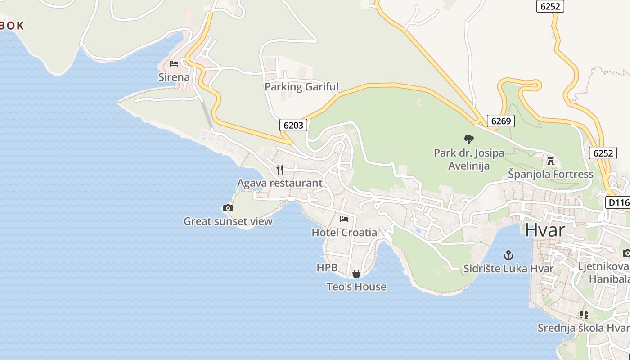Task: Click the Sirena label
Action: (174, 77)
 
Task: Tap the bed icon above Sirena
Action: (174, 64)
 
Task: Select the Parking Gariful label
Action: (301, 87)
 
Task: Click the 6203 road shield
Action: (293, 125)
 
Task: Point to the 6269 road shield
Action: (500, 121)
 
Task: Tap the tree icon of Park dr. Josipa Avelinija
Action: (468, 139)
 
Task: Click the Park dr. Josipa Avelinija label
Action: (468, 159)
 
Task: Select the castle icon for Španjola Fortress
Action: (550, 161)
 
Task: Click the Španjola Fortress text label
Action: (550, 174)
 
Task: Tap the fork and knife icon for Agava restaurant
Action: (280, 169)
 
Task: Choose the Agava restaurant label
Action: (280, 183)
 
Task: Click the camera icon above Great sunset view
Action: (228, 208)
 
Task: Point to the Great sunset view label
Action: (228, 221)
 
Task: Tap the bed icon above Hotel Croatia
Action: (344, 219)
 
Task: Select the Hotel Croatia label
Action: (344, 233)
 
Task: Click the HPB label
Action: (327, 268)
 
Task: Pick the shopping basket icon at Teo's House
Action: (356, 274)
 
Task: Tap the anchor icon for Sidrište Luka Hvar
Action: (508, 256)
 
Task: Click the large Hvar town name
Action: (545, 230)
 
